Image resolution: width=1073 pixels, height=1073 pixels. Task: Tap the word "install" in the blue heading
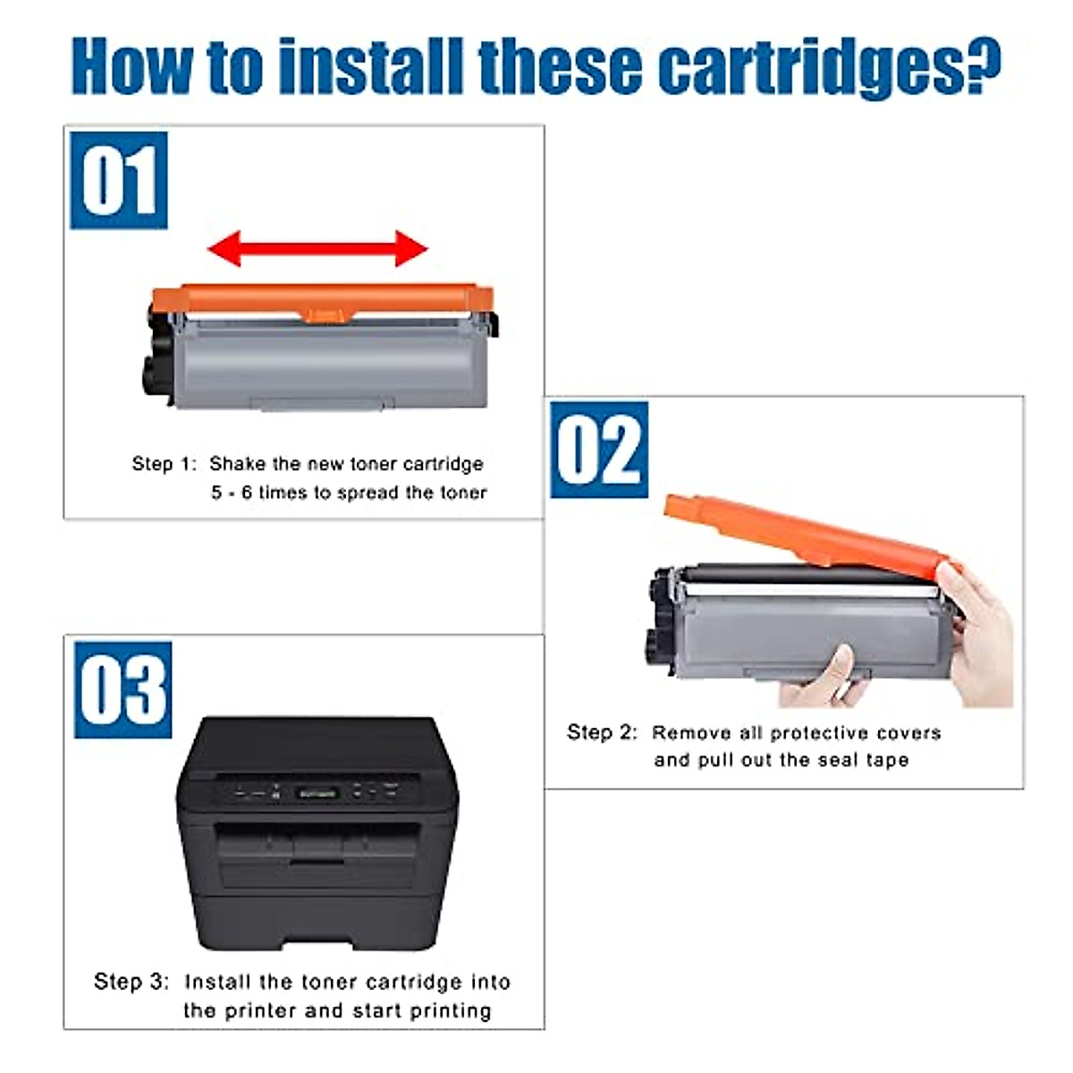point(371,65)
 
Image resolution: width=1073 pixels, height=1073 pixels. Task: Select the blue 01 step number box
point(119,181)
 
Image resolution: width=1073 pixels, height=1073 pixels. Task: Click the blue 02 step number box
point(599,450)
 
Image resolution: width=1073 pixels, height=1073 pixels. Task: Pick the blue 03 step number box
point(123,690)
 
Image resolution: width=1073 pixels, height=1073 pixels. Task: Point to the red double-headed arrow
point(317,249)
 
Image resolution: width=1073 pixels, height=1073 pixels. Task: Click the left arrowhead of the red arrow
point(224,249)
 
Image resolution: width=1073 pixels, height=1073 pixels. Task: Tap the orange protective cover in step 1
point(323,301)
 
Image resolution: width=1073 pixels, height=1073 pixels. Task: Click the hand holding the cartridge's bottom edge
point(824,680)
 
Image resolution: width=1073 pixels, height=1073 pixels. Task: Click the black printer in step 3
point(317,833)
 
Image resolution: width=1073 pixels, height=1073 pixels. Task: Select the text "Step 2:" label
point(602,731)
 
